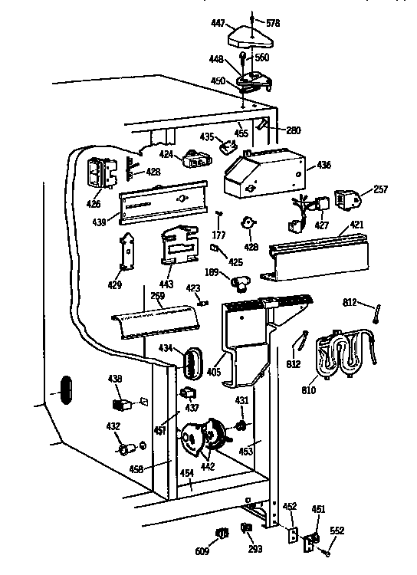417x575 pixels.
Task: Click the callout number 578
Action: pyautogui.click(x=273, y=24)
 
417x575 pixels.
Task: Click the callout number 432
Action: pyautogui.click(x=112, y=426)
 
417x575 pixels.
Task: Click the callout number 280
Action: pyautogui.click(x=293, y=130)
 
